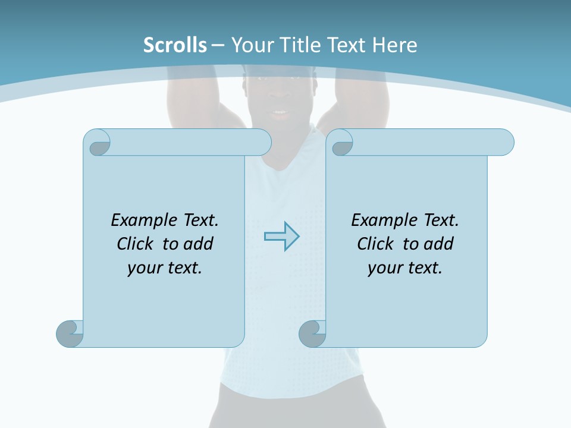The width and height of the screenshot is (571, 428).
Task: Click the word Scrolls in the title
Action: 175,45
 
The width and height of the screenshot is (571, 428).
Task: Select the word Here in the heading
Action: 394,45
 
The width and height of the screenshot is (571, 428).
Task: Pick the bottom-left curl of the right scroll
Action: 312,333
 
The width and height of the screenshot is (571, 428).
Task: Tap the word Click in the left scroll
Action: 136,244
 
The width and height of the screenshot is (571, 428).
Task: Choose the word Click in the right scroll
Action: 376,244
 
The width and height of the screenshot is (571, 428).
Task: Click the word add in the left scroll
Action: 199,244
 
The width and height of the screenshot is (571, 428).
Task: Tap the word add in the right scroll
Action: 439,244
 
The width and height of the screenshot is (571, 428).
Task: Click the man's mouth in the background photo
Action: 279,112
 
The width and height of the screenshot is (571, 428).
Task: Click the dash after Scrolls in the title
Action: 218,45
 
